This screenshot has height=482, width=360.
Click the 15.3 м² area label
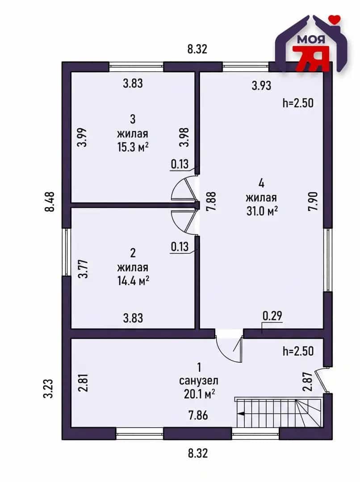click(133, 147)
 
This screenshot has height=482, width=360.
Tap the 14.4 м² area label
click(133, 281)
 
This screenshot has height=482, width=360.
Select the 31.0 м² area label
click(262, 211)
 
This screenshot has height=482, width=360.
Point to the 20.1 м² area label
click(199, 394)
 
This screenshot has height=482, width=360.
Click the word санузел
click(199, 381)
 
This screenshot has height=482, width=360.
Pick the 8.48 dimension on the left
click(50, 202)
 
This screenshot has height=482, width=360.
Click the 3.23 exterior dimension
click(48, 389)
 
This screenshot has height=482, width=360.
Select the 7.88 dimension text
click(212, 201)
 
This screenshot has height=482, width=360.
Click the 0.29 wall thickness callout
click(272, 316)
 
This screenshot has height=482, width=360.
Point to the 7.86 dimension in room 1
click(198, 416)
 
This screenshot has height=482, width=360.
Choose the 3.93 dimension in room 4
click(262, 85)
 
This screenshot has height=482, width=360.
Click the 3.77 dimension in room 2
click(83, 269)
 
